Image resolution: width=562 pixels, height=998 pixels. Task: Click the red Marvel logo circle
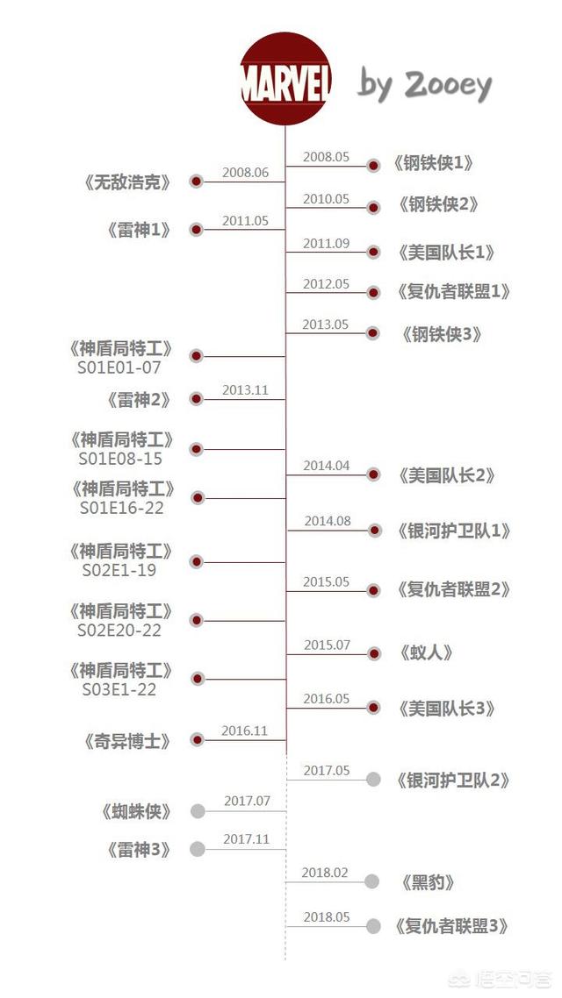285,78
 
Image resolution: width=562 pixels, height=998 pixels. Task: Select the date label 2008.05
326,157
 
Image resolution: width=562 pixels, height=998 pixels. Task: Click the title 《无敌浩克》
127,183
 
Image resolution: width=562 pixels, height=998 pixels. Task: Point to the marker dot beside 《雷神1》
196,230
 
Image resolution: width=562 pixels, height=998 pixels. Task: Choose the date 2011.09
326,244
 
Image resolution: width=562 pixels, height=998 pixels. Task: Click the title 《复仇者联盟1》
453,292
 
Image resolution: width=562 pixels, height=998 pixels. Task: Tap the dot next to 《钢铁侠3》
373,333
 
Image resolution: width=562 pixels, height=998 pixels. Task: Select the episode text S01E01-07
119,367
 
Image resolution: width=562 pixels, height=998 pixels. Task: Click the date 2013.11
245,390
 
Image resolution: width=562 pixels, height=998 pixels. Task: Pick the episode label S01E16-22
121,508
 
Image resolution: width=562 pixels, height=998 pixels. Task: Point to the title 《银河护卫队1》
453,531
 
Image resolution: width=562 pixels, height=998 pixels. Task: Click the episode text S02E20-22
119,631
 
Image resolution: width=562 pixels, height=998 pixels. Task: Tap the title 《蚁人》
426,653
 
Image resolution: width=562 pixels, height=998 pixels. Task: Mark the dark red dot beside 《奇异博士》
197,740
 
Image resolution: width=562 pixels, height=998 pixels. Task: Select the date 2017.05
327,771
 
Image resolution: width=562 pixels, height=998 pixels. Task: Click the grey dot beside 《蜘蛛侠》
198,811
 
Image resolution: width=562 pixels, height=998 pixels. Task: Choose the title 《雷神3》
139,850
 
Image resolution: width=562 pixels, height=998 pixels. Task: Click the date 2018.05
327,917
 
